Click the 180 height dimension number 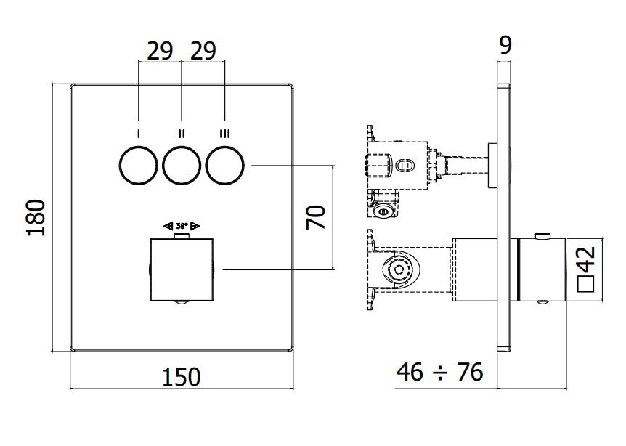(x=36, y=218)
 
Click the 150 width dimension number (x=182, y=377)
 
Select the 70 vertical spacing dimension (x=316, y=217)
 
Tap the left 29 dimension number (x=160, y=51)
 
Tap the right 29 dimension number (x=203, y=51)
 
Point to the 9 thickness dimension (x=505, y=45)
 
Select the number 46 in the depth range (x=410, y=372)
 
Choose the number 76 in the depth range (x=470, y=372)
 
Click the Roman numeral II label (x=182, y=134)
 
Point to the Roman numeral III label (x=225, y=134)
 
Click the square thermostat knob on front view (x=182, y=269)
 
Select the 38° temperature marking (x=182, y=226)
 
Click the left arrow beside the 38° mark (x=168, y=226)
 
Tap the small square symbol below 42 (x=586, y=283)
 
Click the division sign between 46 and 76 (x=440, y=373)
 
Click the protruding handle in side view (x=542, y=269)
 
